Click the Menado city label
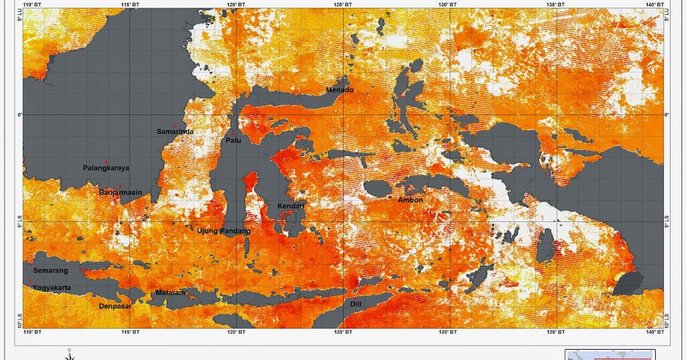[x=340, y=90]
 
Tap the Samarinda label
[x=175, y=131]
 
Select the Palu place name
[x=233, y=140]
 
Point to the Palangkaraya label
[x=106, y=168]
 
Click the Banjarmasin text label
[x=120, y=193]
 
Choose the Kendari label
[x=292, y=206]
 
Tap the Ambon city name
[x=410, y=200]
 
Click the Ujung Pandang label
[x=224, y=231]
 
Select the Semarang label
[x=51, y=270]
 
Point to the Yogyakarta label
[x=52, y=288]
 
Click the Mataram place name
[x=170, y=293]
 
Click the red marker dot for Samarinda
[x=174, y=125]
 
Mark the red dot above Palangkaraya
[x=106, y=162]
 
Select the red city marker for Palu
[x=233, y=134]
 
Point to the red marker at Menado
[x=339, y=83]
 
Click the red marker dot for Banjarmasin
[x=121, y=186]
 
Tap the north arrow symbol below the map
[x=69, y=354]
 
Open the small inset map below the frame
[x=610, y=355]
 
